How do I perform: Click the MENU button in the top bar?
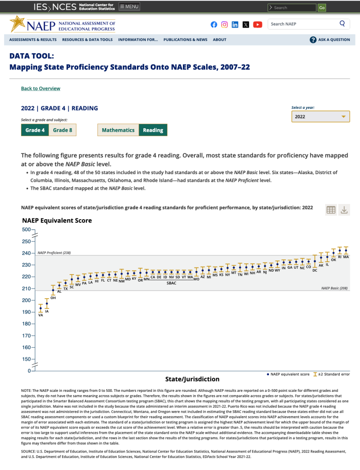click(x=129, y=6)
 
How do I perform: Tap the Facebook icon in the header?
click(x=214, y=24)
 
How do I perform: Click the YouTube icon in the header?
click(x=257, y=24)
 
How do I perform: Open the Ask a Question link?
click(x=330, y=40)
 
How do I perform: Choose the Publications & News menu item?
click(x=185, y=40)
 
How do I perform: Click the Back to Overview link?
click(x=40, y=88)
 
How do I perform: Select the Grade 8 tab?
click(x=63, y=130)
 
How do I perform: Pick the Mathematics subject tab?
click(x=118, y=130)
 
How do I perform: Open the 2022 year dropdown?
click(x=320, y=117)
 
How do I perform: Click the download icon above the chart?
click(x=344, y=210)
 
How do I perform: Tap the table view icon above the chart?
click(x=331, y=210)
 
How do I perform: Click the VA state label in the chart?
click(x=40, y=315)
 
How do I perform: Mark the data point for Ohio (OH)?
click(x=53, y=290)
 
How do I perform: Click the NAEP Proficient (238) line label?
click(x=54, y=253)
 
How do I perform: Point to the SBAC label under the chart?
click(x=171, y=283)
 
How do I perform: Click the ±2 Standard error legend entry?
click(x=331, y=374)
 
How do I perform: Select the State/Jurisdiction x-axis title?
click(x=192, y=379)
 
